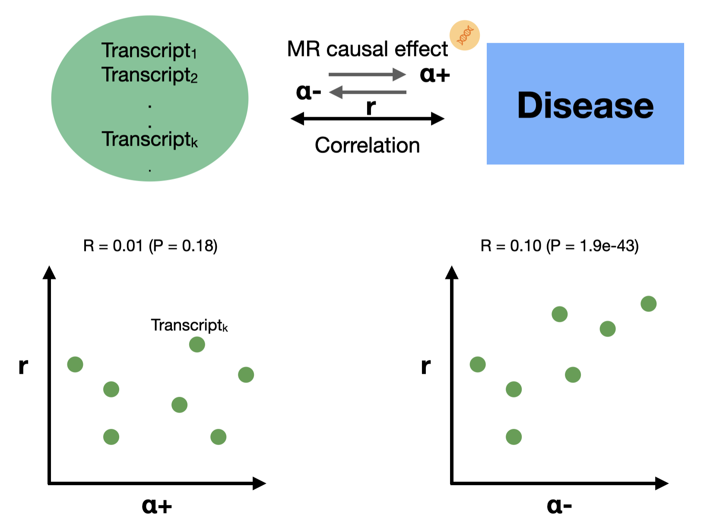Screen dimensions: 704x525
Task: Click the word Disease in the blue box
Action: (585, 105)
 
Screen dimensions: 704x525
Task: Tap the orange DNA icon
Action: (465, 35)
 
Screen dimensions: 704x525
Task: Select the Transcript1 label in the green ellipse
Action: (149, 51)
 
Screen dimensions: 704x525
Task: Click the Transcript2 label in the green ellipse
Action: (149, 75)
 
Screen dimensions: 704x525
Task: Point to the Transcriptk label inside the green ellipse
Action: (149, 139)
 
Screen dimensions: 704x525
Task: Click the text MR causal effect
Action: (367, 49)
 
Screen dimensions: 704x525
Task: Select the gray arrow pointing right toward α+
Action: (367, 74)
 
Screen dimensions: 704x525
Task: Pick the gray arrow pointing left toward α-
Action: (368, 92)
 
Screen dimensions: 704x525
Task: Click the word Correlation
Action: (367, 145)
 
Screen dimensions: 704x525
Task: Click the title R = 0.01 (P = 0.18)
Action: (150, 246)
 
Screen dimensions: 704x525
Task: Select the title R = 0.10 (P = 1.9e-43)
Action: (559, 246)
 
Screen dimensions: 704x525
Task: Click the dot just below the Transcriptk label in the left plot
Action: (197, 345)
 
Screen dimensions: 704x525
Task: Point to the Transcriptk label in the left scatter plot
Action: (189, 325)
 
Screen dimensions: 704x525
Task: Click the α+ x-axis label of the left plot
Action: (157, 505)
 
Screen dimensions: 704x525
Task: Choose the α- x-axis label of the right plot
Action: (559, 505)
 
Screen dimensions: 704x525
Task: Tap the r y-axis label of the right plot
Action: (425, 366)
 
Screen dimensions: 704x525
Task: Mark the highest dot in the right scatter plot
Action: (648, 304)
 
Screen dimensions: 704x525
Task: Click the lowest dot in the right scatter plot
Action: (514, 437)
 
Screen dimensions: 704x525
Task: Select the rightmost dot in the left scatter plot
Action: (246, 375)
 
